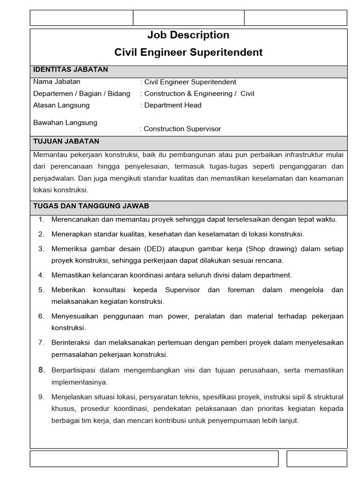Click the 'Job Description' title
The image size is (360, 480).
tap(188, 35)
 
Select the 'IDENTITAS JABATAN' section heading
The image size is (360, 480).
tap(70, 70)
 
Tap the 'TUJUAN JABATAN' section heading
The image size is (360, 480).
tap(66, 142)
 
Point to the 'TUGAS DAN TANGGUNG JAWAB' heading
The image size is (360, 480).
tap(91, 206)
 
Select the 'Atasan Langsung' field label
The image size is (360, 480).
tap(61, 105)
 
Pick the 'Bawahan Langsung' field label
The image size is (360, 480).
tap(65, 123)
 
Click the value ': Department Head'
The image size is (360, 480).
tap(171, 105)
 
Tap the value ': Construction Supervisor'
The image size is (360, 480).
tap(180, 129)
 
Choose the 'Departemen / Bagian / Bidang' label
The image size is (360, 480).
tap(82, 93)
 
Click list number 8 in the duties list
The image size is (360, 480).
tap(41, 370)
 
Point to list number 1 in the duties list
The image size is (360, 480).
tap(41, 219)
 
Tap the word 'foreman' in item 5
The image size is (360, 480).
tap(241, 290)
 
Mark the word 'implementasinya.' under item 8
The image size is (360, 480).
tap(79, 382)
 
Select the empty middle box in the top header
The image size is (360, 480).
tap(188, 18)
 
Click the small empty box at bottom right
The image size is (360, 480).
tap(316, 459)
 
